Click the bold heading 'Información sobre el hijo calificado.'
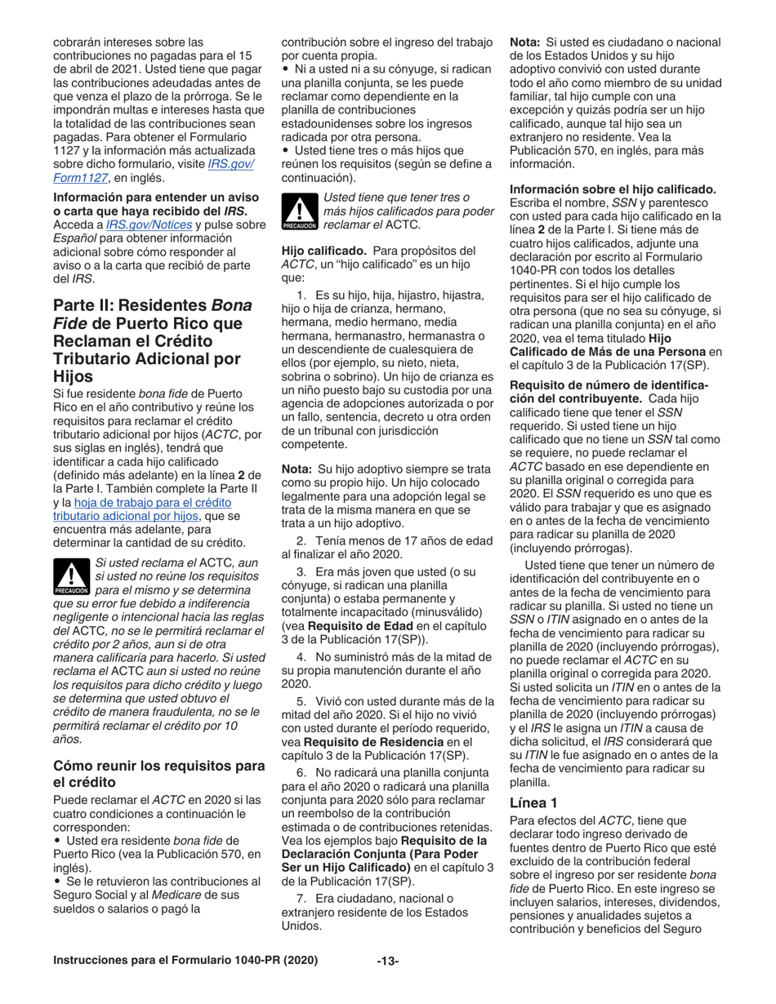tap(613, 190)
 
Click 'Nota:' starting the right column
tap(526, 41)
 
